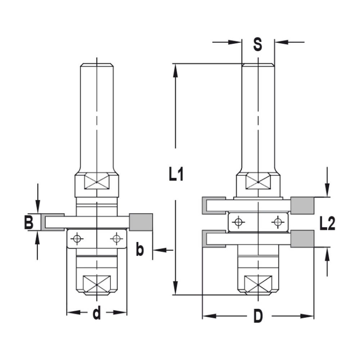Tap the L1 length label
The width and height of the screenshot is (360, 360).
176,175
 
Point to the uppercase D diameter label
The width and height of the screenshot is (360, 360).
258,316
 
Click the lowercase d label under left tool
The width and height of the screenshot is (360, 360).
96,313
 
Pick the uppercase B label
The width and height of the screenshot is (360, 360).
29,222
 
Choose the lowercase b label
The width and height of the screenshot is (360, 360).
140,250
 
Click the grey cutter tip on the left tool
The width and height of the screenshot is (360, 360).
141,222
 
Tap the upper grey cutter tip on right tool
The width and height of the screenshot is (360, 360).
302,205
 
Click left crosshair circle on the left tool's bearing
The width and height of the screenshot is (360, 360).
76,238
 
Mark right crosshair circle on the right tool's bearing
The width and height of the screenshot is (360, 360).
277,222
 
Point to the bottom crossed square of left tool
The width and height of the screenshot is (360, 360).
96,284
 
